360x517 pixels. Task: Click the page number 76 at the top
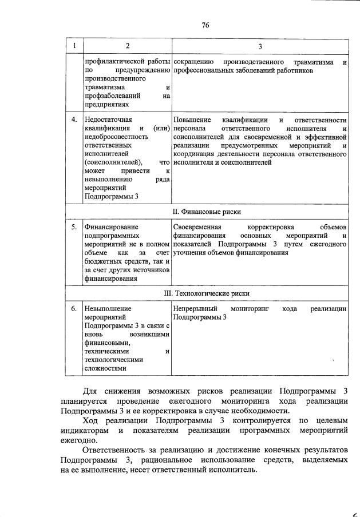click(206, 25)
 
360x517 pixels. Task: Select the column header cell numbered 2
click(127, 46)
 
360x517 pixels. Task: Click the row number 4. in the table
click(74, 120)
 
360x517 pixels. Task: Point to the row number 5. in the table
click(74, 227)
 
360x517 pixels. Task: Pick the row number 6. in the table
click(74, 309)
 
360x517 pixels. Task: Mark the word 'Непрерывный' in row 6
click(195, 309)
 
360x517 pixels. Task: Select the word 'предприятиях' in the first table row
click(105, 105)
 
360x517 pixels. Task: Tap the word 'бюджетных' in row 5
click(101, 261)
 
